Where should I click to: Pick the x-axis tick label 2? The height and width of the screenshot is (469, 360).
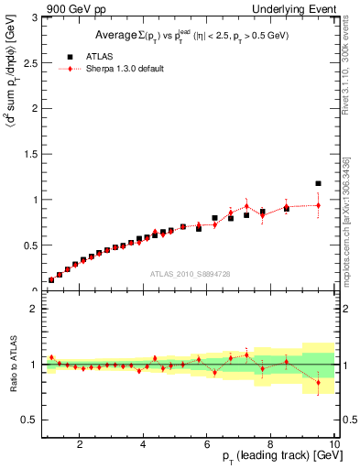point(81,445)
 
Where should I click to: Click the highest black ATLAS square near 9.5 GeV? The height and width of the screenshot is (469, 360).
point(318,183)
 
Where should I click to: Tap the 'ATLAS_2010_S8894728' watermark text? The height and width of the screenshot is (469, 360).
point(189,275)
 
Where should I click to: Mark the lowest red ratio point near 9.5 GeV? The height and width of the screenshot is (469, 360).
point(318,383)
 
